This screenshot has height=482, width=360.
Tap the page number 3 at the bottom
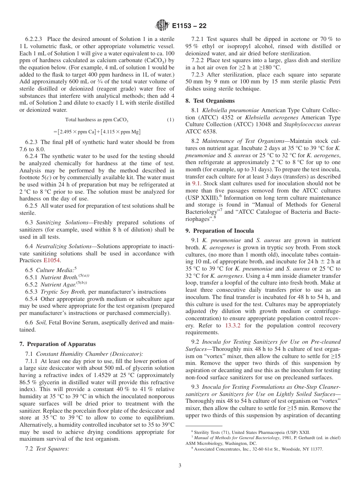click(x=180, y=465)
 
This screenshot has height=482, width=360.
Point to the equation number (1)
click(x=171, y=120)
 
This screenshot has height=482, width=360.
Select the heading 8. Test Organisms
click(x=210, y=101)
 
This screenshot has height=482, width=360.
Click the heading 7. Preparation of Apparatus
click(x=57, y=344)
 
